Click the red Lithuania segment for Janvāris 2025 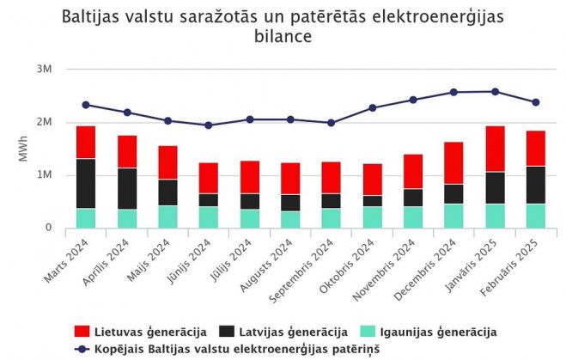(x=496, y=149)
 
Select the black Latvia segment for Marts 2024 (x=86, y=183)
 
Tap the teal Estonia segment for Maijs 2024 (x=167, y=217)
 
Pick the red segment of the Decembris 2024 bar (x=454, y=163)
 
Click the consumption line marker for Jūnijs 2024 (x=209, y=125)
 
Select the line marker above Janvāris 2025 (x=496, y=91)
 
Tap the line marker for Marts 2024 (x=86, y=105)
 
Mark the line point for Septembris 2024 (x=332, y=123)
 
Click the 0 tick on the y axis (x=49, y=229)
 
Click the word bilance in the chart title (x=283, y=37)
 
